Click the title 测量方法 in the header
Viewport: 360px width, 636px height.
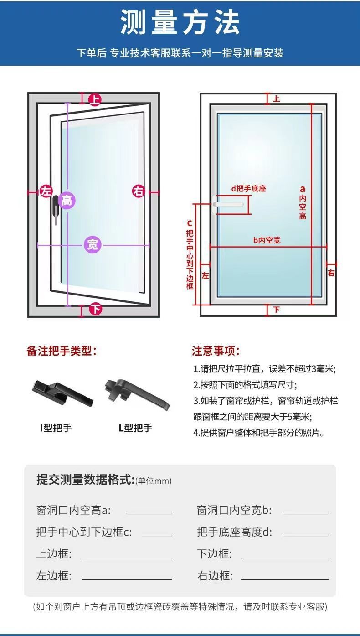[180, 23]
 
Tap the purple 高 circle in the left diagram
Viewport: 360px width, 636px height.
[67, 200]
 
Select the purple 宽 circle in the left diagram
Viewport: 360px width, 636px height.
[93, 245]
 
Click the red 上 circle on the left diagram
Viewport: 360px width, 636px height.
[95, 99]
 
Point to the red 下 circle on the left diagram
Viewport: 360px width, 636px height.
[95, 309]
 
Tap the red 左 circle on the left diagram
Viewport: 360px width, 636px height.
[46, 191]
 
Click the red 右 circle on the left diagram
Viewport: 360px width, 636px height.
[139, 191]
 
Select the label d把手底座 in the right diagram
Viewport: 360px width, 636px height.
[248, 188]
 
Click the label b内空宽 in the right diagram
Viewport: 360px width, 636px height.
[267, 240]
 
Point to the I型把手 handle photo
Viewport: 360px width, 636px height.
[62, 393]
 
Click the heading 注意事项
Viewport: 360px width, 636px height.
[216, 351]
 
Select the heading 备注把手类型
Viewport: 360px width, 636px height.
[62, 351]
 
